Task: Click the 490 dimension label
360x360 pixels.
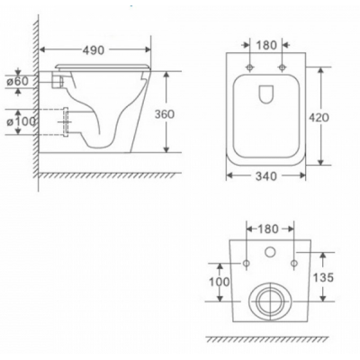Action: (x=94, y=50)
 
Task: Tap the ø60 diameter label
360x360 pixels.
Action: (x=18, y=81)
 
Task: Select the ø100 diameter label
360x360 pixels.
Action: (x=22, y=121)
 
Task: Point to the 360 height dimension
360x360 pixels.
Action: (x=164, y=114)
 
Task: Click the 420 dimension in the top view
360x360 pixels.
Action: (x=319, y=118)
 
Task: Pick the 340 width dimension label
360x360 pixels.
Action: (x=266, y=176)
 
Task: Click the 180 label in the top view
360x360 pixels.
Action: (x=266, y=45)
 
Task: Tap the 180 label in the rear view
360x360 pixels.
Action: (x=267, y=229)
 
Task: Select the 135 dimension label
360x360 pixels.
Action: (x=323, y=277)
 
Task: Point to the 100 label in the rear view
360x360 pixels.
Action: (x=220, y=282)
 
